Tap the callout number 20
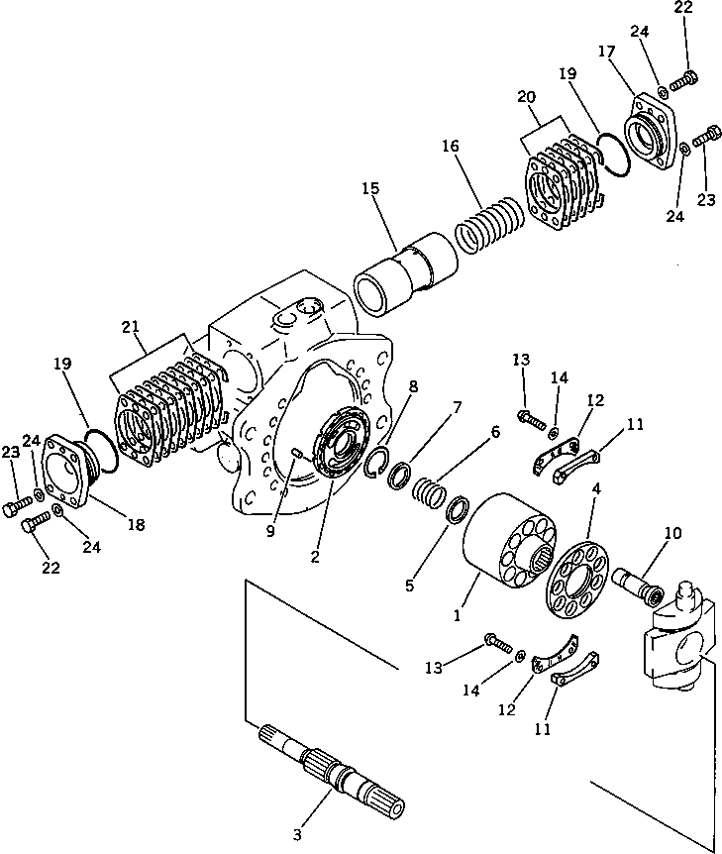point(526,97)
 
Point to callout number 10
point(672,533)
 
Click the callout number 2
point(315,557)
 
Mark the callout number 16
point(451,146)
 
